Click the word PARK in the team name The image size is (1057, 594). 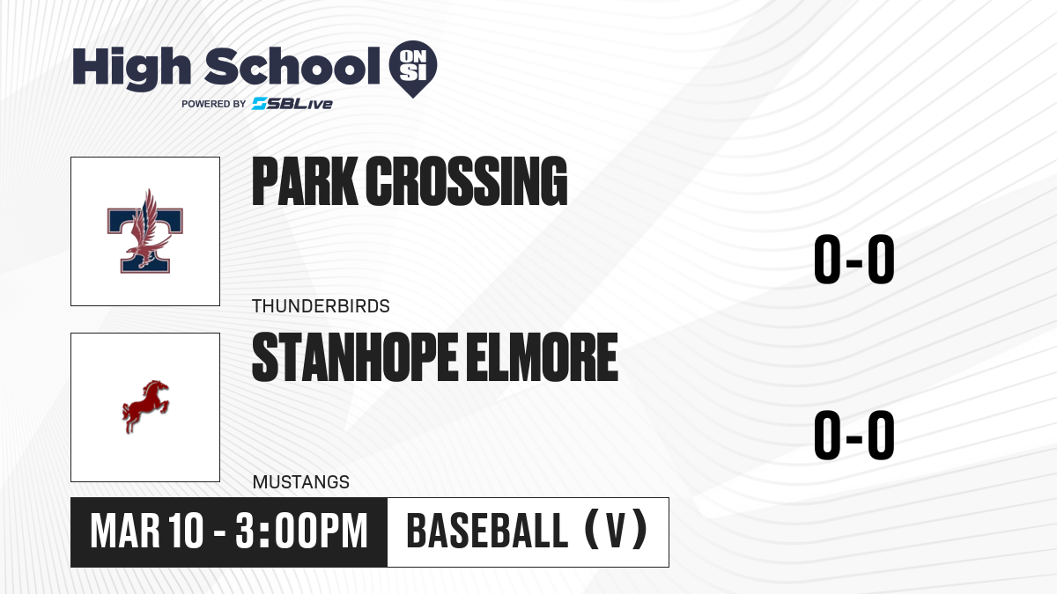click(305, 181)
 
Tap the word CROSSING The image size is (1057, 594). click(466, 181)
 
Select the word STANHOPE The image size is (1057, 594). click(355, 356)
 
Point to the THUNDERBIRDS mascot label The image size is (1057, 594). click(321, 306)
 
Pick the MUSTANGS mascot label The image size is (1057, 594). click(301, 482)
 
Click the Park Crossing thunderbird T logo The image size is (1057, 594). click(144, 231)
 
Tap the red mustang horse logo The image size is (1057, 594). click(145, 407)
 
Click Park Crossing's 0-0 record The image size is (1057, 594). click(854, 260)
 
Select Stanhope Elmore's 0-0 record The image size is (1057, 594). click(854, 435)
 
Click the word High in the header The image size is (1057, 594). click(131, 69)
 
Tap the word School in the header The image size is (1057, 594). click(292, 67)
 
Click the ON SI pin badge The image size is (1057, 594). click(413, 69)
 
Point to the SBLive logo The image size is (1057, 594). click(292, 104)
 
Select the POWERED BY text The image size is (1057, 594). click(214, 104)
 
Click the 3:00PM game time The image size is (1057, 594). click(301, 532)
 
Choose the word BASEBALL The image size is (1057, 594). click(487, 532)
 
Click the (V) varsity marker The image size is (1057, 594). click(616, 531)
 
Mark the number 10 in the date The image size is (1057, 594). click(186, 532)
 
